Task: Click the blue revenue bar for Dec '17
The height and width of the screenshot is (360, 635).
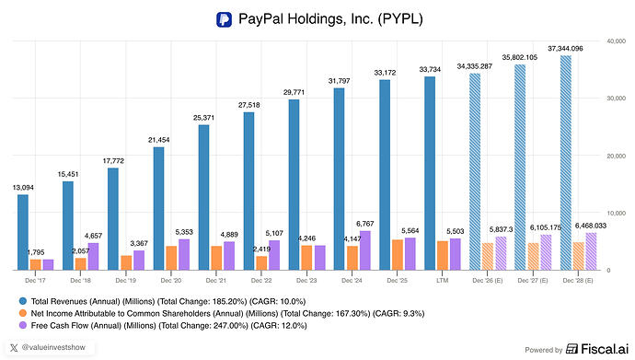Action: point(23,232)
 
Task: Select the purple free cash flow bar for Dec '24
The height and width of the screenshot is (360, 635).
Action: point(364,250)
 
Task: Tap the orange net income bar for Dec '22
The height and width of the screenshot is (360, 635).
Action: point(261,262)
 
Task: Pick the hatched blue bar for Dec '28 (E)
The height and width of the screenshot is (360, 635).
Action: point(566,163)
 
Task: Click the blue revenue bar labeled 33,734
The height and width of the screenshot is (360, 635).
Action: point(430,173)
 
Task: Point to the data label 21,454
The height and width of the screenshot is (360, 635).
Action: point(158,140)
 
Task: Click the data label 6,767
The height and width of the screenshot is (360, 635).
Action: point(364,224)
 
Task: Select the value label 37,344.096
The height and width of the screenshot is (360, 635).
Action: point(565,49)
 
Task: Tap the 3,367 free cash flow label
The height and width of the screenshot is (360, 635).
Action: point(139,243)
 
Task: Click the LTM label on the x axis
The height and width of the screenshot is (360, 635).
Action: point(443,280)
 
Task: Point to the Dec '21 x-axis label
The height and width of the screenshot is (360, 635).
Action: point(216,280)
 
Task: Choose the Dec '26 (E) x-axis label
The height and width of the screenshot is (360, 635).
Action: point(487,280)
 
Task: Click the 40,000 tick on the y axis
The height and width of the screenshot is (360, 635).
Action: point(616,41)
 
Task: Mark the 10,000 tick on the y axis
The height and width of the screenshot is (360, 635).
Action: point(616,213)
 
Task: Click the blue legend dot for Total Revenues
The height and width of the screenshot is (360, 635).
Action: point(23,301)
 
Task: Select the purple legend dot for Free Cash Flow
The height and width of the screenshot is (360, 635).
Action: point(23,326)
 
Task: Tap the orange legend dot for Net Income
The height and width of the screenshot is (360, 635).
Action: point(23,313)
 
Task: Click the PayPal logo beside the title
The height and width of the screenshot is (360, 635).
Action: point(224,19)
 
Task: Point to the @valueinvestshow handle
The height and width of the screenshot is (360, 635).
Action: point(53,347)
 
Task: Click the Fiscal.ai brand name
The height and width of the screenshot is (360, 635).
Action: point(605,349)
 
